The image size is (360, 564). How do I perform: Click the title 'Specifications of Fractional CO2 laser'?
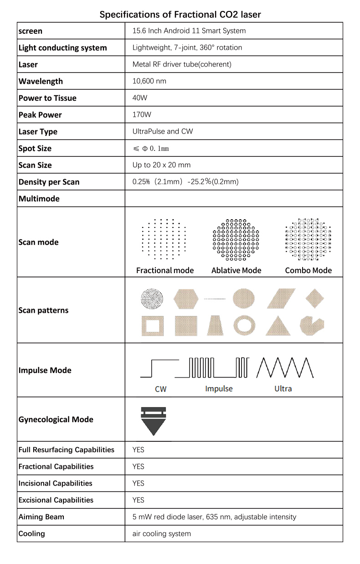point(180,15)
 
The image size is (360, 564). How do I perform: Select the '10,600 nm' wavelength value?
point(149,81)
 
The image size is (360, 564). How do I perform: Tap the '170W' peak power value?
point(142,115)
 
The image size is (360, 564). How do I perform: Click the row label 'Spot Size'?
point(35,149)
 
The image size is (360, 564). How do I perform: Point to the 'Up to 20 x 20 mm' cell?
point(161,165)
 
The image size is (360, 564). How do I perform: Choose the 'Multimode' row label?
point(39,199)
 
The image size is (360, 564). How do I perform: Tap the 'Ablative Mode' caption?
point(236,270)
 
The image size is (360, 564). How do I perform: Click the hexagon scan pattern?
point(186,299)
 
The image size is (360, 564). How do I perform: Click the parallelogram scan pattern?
point(281,299)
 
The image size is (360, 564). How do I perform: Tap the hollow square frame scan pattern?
point(153,326)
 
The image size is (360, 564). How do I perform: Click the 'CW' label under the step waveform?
point(161,389)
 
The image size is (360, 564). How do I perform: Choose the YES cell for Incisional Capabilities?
point(138,483)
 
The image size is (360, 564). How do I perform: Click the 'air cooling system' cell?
point(161,533)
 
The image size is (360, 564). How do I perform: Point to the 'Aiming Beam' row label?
point(41,517)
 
